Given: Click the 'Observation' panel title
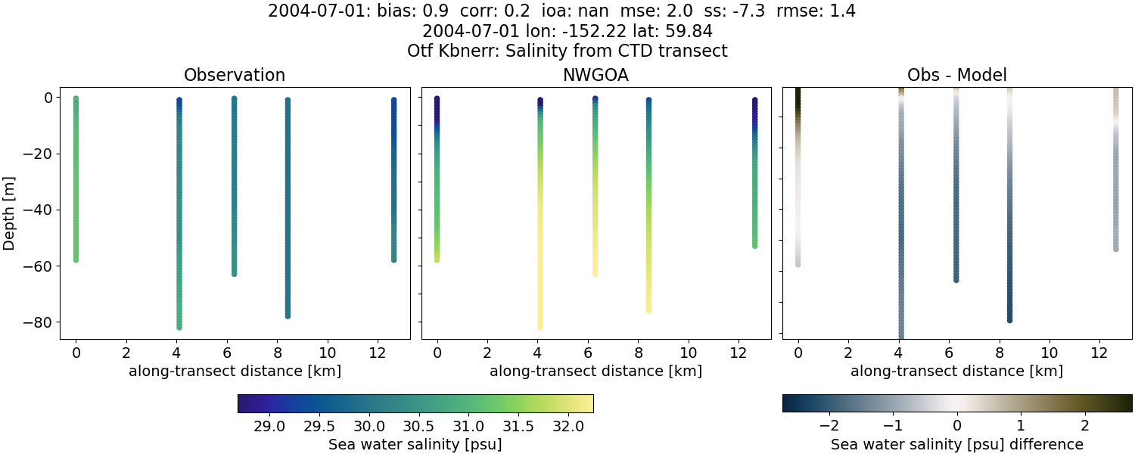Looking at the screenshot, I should point(235,75).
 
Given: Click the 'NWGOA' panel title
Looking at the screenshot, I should point(595,75).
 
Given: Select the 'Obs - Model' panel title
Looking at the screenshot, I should point(956,75).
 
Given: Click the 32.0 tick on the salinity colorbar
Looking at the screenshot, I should point(568,426).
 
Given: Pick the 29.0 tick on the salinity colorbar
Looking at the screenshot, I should point(269,426).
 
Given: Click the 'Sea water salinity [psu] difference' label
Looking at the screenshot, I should point(956,444).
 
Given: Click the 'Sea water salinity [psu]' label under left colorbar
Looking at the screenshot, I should point(415,444).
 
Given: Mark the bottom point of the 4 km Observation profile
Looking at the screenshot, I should point(179,326).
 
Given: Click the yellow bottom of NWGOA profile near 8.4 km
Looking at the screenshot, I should point(648,309).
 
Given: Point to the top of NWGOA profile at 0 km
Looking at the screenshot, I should point(437,99).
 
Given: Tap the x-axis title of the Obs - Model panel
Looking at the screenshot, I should point(956,371).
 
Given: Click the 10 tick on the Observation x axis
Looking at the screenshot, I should point(328,353).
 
